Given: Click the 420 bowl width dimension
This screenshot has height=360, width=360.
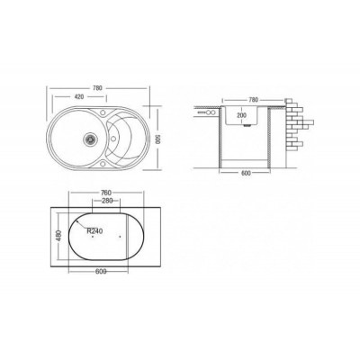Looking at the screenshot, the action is click(x=79, y=97).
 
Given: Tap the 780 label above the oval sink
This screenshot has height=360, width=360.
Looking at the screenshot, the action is click(x=97, y=88).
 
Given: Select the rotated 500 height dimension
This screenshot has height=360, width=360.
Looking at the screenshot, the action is click(x=159, y=139).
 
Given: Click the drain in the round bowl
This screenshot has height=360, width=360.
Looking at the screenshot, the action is click(x=89, y=139).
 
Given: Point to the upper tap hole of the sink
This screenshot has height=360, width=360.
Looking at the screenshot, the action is click(x=103, y=113).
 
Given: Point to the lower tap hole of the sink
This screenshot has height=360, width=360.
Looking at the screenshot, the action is click(x=103, y=164).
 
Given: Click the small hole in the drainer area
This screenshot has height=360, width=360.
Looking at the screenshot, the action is click(x=113, y=139).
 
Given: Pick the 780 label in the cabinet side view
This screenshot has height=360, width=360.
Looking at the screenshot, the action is click(x=254, y=100).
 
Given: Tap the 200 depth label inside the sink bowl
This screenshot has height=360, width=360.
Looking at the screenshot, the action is click(x=241, y=115).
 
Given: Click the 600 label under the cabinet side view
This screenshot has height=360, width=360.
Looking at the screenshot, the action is click(x=245, y=173).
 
